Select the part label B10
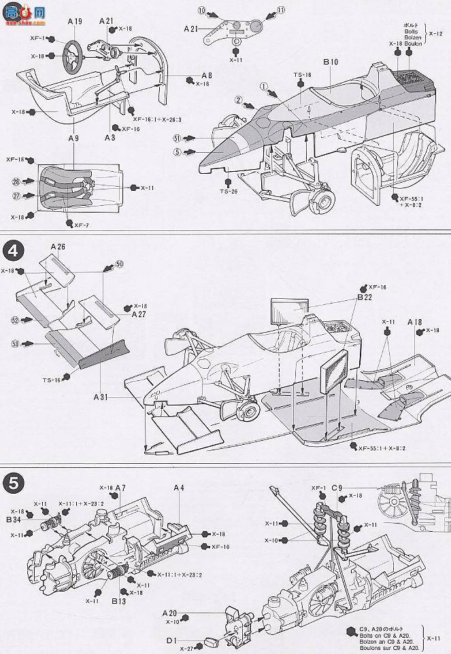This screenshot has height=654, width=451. pyautogui.click(x=331, y=62)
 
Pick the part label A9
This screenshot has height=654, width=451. pyautogui.click(x=73, y=139)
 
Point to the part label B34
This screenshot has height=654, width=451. pyautogui.click(x=14, y=520)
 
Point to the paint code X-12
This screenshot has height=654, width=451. pyautogui.click(x=439, y=32)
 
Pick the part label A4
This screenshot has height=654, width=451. pyautogui.click(x=179, y=488)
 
